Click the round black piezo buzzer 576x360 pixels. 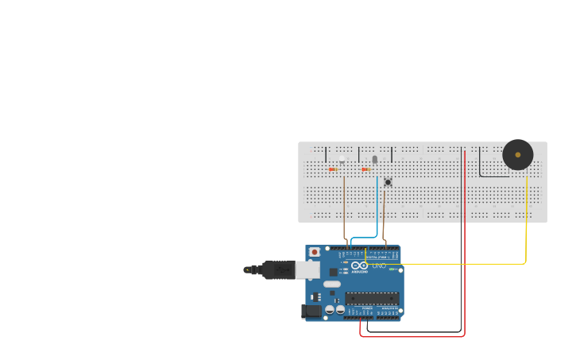tap(517, 154)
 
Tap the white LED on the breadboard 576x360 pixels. tap(342, 160)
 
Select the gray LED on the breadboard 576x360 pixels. tap(375, 160)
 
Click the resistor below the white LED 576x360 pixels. tap(333, 169)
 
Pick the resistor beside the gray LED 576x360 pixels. tap(366, 169)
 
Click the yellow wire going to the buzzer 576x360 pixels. tap(525, 230)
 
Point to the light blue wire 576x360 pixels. tap(377, 207)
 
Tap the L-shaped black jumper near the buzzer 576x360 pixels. tap(480, 167)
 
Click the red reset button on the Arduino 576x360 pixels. tap(314, 252)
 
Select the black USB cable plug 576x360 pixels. tap(278, 270)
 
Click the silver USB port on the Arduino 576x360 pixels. tap(307, 270)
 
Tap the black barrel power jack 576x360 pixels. tap(311, 311)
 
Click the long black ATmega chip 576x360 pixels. tap(371, 298)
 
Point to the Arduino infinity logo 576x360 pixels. tap(359, 265)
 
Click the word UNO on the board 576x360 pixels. tap(377, 265)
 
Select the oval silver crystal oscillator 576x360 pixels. tap(332, 284)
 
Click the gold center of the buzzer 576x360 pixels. tap(517, 154)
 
